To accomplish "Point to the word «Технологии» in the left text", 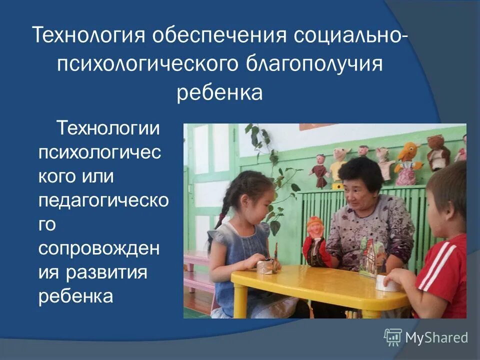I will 108,129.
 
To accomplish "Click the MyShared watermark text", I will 436,338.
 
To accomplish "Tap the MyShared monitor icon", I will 393,337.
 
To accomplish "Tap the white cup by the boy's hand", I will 387,282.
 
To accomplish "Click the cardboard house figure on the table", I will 372,255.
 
